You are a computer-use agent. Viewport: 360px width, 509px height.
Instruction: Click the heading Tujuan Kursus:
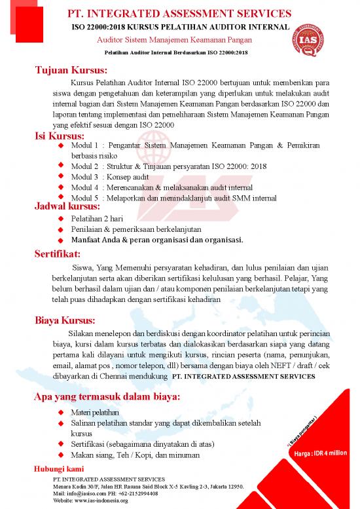click(71, 71)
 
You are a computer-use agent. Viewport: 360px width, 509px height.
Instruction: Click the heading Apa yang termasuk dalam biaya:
click(107, 397)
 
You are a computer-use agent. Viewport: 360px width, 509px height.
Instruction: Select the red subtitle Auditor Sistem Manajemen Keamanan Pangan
click(180, 40)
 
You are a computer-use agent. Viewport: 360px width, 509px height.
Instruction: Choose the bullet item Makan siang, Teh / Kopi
click(137, 455)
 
